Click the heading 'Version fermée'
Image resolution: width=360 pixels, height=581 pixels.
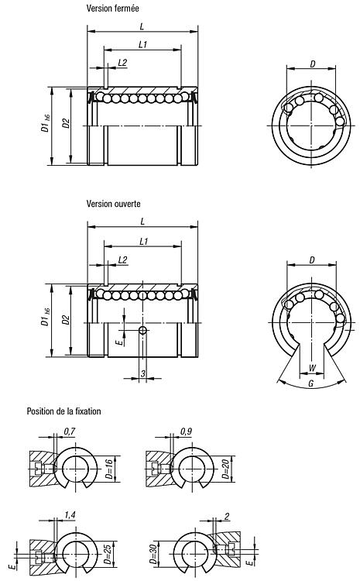(x=112, y=9)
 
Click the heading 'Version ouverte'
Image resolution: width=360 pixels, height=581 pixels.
(x=113, y=204)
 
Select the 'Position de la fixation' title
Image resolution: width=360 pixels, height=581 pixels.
(x=63, y=411)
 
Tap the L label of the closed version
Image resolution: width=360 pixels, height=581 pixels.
(x=142, y=26)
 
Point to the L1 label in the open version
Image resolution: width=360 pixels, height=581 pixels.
(x=144, y=242)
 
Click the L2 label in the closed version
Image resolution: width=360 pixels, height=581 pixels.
(x=122, y=63)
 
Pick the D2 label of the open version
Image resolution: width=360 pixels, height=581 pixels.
(x=66, y=320)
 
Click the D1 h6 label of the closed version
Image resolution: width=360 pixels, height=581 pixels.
(x=45, y=124)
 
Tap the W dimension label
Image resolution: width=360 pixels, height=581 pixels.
(x=312, y=368)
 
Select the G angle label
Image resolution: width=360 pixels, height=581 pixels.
(x=311, y=383)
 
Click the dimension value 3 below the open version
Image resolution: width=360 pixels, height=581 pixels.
(x=143, y=374)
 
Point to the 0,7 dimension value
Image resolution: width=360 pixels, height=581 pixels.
(x=70, y=431)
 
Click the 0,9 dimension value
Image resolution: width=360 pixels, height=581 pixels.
(x=186, y=431)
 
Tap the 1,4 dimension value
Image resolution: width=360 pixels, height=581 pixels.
(x=70, y=515)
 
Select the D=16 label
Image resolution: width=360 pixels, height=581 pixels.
(x=109, y=469)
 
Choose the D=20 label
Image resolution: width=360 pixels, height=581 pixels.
(x=226, y=469)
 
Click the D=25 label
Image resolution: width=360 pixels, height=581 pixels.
(x=108, y=554)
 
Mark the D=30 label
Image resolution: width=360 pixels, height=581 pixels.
(x=153, y=554)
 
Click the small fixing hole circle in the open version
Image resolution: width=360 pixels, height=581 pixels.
(x=142, y=330)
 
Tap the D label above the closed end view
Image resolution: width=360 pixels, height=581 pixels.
(x=313, y=64)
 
